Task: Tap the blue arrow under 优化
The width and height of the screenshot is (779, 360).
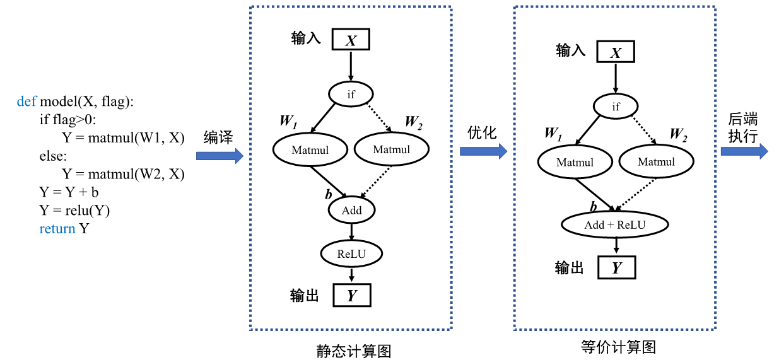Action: (483, 151)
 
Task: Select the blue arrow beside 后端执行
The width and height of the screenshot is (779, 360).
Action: (744, 151)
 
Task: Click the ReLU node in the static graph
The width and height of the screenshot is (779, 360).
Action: (351, 253)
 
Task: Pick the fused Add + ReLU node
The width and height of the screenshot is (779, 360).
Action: (615, 224)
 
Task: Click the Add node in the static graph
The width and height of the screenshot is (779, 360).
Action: (351, 210)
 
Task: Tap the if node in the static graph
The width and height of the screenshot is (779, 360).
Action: (351, 95)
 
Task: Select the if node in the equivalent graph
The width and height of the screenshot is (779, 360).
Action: (616, 107)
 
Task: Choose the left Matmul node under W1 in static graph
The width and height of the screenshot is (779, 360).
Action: (310, 149)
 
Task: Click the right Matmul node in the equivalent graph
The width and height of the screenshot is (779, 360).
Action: (656, 162)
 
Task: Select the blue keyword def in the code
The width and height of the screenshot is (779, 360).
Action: (26, 102)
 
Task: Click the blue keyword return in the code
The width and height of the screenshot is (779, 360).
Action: (57, 229)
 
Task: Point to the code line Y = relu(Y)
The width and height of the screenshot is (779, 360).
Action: (74, 211)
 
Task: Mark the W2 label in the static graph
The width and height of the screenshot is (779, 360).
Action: (413, 122)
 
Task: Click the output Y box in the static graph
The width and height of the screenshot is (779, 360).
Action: (351, 295)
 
